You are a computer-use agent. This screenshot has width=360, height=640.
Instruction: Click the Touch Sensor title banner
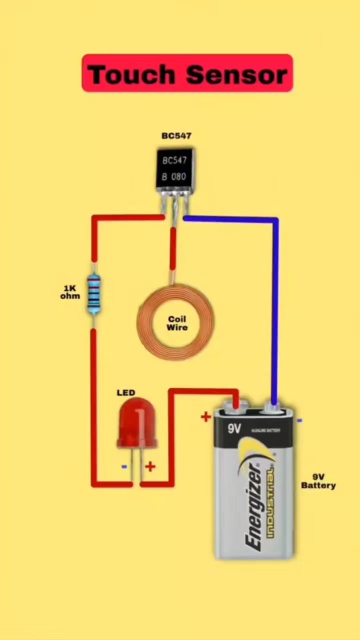187,73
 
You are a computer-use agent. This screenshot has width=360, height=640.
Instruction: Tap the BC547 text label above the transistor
176,136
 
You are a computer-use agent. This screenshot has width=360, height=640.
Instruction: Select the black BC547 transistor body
174,169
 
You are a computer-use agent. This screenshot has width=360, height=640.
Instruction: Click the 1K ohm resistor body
93,294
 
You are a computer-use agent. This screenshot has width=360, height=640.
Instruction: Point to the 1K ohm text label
70,292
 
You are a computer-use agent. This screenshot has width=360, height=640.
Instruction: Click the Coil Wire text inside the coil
177,323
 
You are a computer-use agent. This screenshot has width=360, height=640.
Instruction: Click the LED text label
126,393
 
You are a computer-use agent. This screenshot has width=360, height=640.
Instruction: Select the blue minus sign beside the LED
124,467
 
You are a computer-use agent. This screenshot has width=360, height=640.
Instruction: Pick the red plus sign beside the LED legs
150,467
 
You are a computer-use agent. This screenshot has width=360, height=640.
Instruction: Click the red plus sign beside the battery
205,416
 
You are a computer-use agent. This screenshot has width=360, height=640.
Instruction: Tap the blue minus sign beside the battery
299,421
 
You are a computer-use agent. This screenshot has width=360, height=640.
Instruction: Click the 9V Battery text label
318,481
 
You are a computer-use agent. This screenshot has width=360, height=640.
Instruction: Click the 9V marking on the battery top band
234,428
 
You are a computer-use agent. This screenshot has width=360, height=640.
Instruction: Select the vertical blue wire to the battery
274,310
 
